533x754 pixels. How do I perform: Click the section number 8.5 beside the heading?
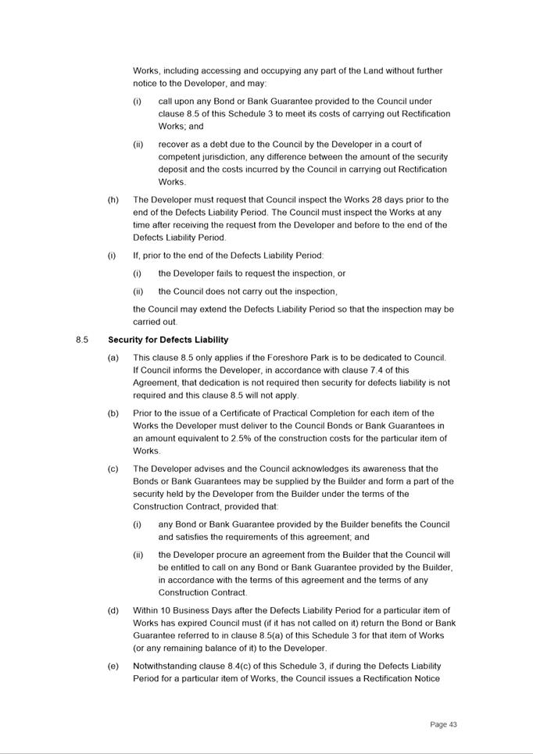pyautogui.click(x=82, y=340)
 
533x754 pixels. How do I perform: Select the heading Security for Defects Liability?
pyautogui.click(x=168, y=340)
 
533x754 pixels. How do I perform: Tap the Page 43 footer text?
pyautogui.click(x=443, y=724)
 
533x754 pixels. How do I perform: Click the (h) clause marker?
pyautogui.click(x=113, y=200)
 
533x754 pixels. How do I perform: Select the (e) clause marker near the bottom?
pyautogui.click(x=113, y=666)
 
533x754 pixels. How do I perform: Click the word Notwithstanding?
pyautogui.click(x=166, y=666)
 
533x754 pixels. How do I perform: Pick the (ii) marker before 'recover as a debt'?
pyautogui.click(x=138, y=145)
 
